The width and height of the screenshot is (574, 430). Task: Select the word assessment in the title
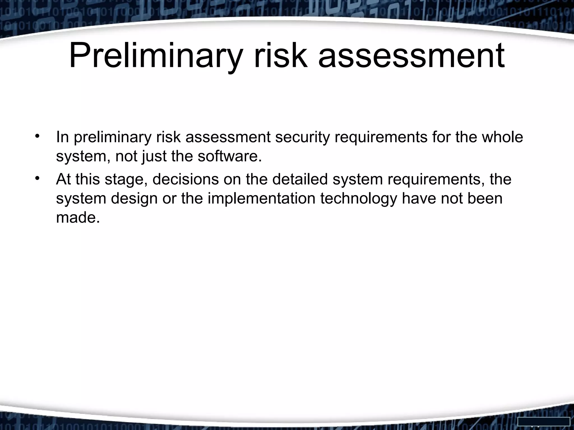click(411, 55)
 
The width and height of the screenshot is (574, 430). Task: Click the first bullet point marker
click(37, 137)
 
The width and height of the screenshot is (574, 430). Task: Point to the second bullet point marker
click(37, 179)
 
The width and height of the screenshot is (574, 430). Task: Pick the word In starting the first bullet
click(63, 137)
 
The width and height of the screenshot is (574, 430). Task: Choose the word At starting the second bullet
click(63, 179)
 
